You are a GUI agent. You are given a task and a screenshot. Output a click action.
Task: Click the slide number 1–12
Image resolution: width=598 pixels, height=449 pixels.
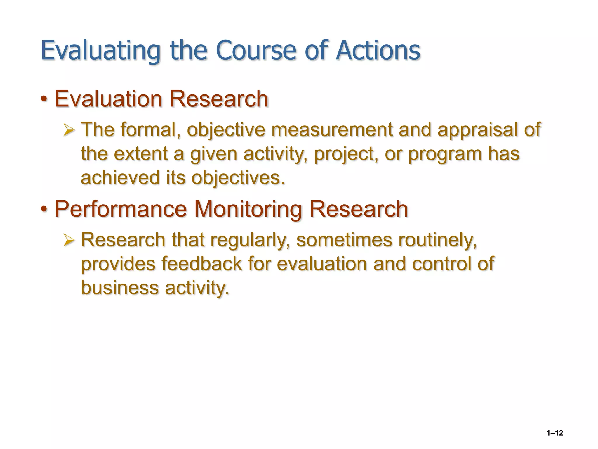[x=554, y=433]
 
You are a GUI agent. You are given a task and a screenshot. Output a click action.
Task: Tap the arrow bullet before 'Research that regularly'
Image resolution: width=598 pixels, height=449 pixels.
[x=69, y=240]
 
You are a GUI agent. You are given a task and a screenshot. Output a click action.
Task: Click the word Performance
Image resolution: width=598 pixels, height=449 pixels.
[x=121, y=209]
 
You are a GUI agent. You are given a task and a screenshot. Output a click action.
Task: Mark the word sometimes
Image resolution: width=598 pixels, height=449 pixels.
[x=344, y=240]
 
